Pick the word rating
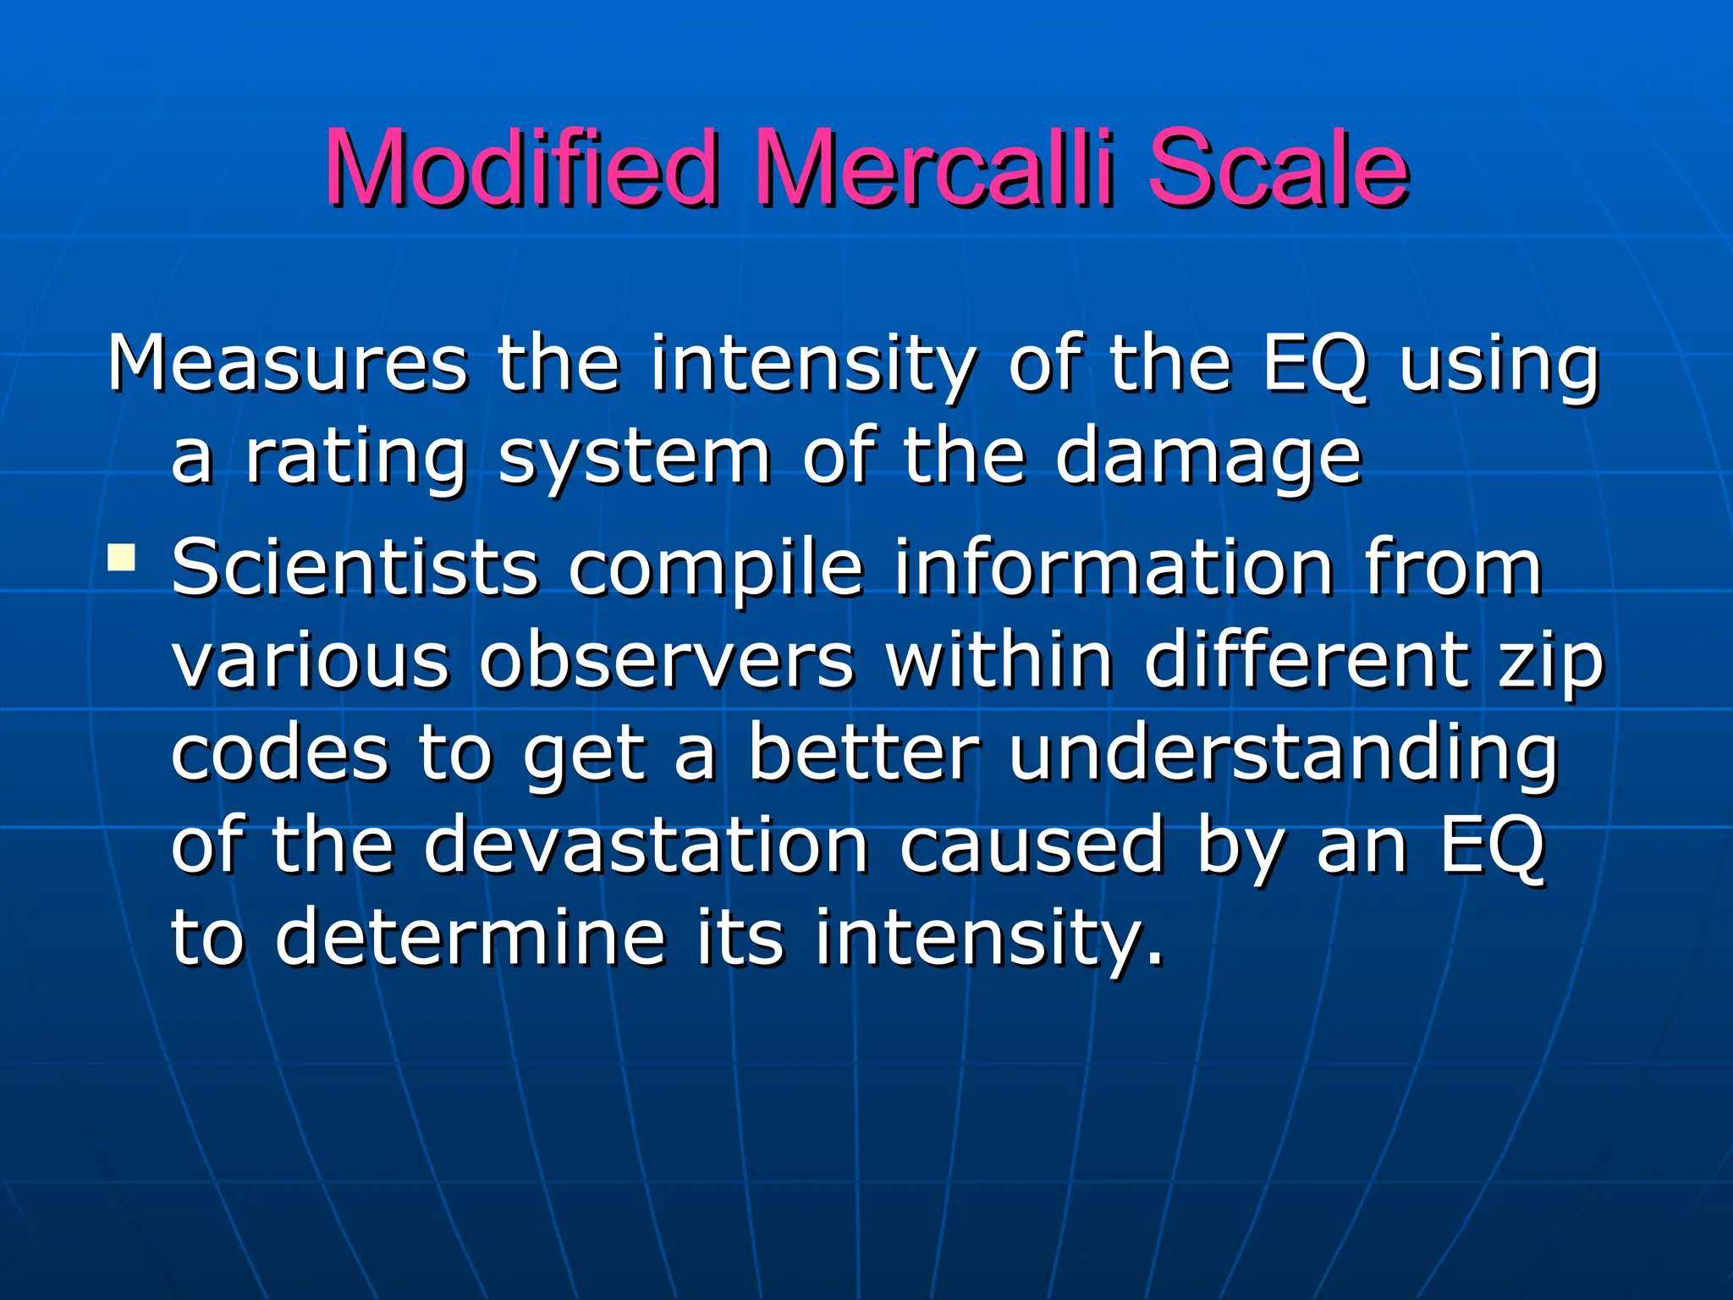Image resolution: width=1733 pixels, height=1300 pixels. pos(355,459)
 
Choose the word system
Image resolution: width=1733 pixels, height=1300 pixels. pos(634,459)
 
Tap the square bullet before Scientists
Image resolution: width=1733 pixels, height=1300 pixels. pos(122,558)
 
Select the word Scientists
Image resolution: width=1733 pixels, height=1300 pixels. pos(355,567)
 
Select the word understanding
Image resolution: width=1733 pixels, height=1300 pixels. pos(1283,756)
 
